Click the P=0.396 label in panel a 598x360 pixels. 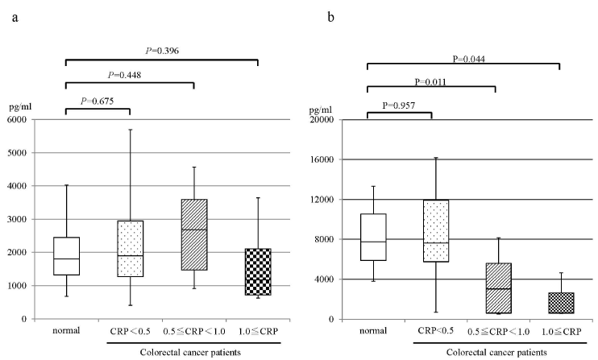coord(163,52)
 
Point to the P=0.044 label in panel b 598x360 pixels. coord(469,58)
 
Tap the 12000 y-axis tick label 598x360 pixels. coord(327,200)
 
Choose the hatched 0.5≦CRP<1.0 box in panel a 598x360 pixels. coord(194,234)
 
